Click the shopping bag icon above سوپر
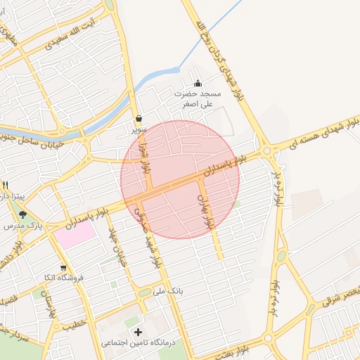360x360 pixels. click(139, 118)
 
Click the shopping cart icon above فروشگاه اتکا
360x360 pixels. click(64, 267)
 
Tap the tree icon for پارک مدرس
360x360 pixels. click(23, 214)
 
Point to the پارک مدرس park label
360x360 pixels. click(30, 226)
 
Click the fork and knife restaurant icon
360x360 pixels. click(6, 185)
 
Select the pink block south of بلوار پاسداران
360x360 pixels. click(75, 234)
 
